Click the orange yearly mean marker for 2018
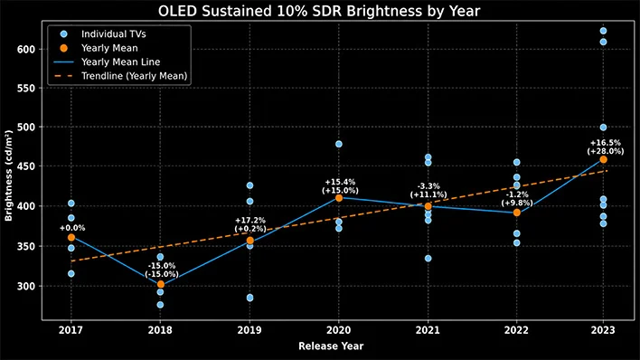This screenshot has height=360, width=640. coord(160,284)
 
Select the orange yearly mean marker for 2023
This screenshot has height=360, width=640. coord(603,159)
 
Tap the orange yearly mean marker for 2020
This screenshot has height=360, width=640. coord(339,198)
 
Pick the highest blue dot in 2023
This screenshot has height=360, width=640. coord(603,31)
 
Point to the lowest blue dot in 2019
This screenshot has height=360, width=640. coord(249,298)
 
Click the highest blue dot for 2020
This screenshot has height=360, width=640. coord(339,144)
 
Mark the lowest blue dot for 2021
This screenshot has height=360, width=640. coord(428,259)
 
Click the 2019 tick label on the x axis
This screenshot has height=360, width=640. coord(249,330)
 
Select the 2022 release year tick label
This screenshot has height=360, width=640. coord(516,330)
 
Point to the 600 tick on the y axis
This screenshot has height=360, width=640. coord(26,49)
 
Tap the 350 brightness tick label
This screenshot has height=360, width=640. coord(26,246)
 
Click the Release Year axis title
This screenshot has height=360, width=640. coord(331,346)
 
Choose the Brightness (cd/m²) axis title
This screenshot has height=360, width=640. coord(8,175)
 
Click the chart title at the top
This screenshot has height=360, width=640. coord(319,11)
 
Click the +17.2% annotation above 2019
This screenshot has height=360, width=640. coord(250,220)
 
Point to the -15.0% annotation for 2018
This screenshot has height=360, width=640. coord(162,266)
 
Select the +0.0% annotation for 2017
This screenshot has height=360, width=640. coord(72,228)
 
